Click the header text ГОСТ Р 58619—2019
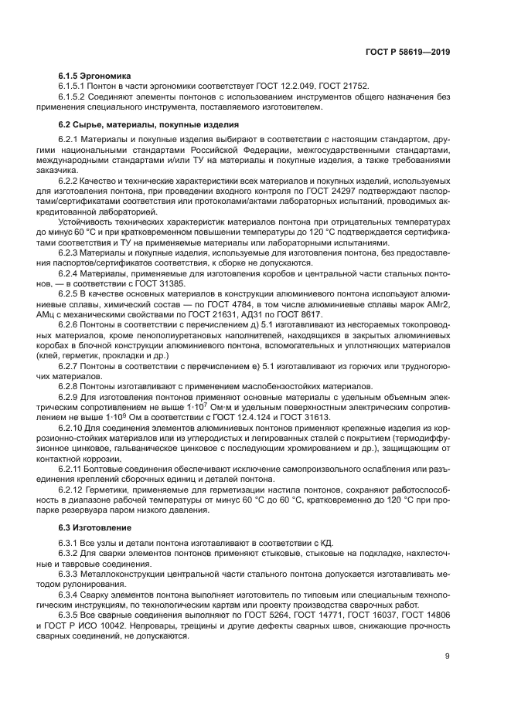(407, 53)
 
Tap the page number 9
(448, 657)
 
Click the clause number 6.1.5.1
(74, 87)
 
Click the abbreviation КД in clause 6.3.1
(325, 544)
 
